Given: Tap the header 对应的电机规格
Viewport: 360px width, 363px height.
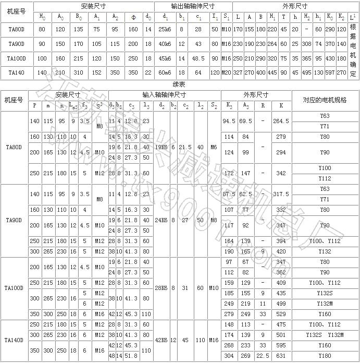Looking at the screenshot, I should pos(325,99).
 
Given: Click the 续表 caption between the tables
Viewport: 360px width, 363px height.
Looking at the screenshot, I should pos(179,84).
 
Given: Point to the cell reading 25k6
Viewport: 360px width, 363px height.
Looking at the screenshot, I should pos(165,29).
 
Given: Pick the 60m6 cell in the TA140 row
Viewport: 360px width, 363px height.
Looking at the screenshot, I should pos(165,72).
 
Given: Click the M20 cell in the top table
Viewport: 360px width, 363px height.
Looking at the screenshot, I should pos(227,72).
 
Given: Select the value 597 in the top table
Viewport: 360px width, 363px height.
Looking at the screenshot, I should pos(329,72).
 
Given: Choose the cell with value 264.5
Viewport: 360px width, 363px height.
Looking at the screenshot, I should pos(281,120).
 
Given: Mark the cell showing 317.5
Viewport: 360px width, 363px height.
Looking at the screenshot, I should pos(281,194).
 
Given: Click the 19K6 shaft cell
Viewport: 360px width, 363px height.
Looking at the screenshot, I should pos(161,148).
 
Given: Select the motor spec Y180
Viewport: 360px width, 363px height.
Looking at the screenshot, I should pos(325,356).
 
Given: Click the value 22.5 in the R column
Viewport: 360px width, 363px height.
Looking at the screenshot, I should pos(263,356).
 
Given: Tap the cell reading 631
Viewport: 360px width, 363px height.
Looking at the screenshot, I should pos(281,356).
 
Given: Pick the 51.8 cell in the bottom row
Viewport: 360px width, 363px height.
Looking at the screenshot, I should pos(131,356).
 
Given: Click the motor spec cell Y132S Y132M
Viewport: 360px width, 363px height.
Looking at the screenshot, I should pos(325,335).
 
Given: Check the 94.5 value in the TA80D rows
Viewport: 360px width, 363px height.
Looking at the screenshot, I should pos(228,120).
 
